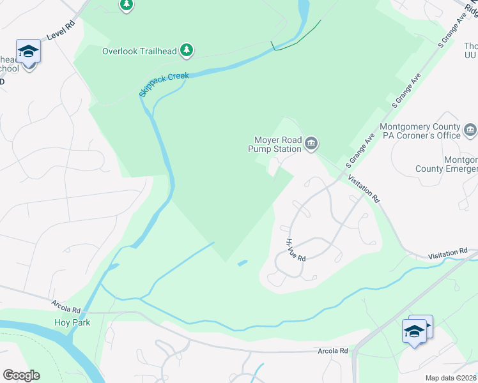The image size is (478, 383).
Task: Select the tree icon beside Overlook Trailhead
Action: [187, 50]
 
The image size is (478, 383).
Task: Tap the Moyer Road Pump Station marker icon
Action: [311, 143]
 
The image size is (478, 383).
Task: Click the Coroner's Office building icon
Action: [471, 131]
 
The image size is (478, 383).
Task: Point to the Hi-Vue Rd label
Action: [296, 250]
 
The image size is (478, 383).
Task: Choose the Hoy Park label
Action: [72, 322]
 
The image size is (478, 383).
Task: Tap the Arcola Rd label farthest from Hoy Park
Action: [333, 351]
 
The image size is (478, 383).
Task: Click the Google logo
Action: [21, 375]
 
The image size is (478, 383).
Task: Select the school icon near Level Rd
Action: [28, 51]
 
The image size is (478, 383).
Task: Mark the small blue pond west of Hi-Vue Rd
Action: [243, 262]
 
